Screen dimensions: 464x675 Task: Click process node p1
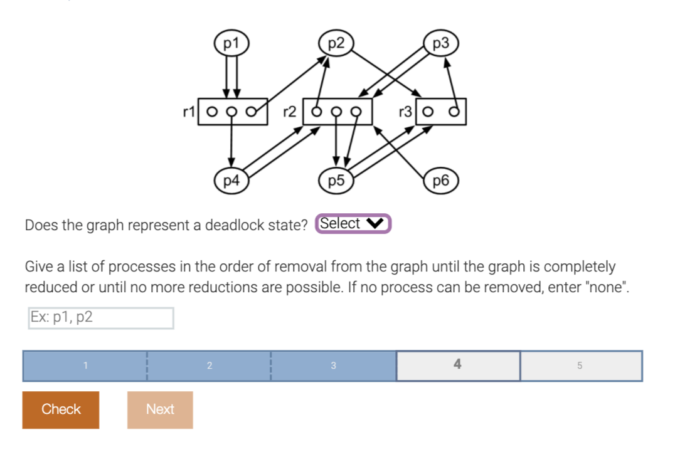[231, 43]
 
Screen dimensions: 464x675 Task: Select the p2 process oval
[336, 43]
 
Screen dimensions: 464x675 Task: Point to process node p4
[231, 181]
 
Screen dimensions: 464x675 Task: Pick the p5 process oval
[336, 181]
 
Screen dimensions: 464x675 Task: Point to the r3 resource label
[405, 112]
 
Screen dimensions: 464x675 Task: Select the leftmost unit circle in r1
[211, 113]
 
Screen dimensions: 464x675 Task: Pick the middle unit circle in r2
[337, 113]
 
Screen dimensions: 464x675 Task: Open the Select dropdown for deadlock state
[353, 224]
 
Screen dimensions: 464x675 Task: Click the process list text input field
[101, 317]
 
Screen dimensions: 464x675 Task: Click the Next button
[160, 409]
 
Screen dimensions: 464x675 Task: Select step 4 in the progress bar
[457, 365]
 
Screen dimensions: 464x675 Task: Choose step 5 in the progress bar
[580, 365]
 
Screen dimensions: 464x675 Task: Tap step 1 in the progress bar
[85, 365]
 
